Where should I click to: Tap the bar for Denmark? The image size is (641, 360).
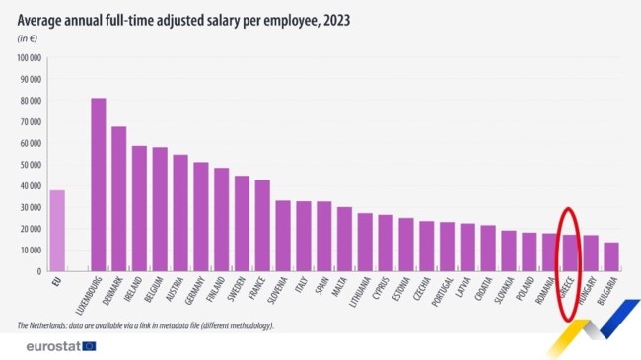[119, 198]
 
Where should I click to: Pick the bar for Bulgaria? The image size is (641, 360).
[611, 256]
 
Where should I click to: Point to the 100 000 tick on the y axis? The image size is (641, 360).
[29, 58]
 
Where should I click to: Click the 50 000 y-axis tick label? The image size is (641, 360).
[31, 165]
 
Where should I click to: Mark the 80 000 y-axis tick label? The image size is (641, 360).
[31, 101]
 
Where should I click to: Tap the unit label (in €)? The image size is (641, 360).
[29, 38]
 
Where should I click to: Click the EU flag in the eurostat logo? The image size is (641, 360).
[90, 346]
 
